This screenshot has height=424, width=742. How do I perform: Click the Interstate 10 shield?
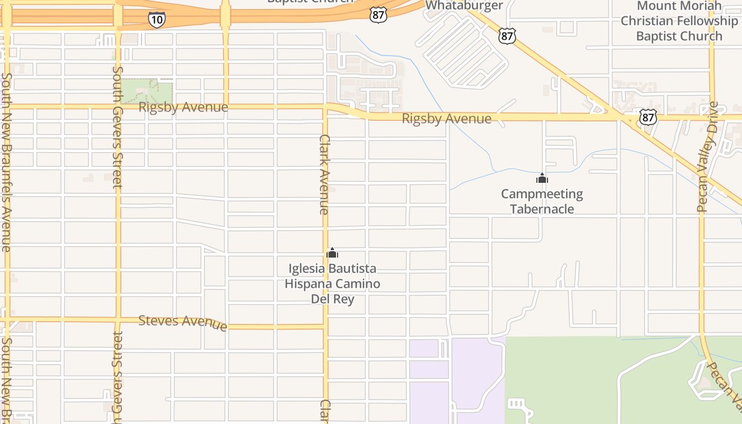156,20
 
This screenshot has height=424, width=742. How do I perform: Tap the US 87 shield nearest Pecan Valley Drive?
648,117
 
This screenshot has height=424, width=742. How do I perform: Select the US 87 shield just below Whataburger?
507,36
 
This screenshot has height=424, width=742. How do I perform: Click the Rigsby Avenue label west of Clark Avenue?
183,107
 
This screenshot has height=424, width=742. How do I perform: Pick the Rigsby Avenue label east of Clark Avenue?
446,119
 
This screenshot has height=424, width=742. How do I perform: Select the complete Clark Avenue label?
324,174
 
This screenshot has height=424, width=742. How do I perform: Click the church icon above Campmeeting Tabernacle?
542,179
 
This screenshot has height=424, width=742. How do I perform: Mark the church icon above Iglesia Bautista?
332,253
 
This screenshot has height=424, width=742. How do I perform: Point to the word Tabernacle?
542,209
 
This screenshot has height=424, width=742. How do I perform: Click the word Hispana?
311,284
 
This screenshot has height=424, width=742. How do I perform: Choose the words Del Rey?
332,299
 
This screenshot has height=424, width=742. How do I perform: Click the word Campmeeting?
542,194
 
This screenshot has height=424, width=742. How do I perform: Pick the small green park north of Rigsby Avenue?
147,91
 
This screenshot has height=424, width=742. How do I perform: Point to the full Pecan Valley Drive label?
707,157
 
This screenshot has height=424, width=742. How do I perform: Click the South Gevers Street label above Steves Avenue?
118,127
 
